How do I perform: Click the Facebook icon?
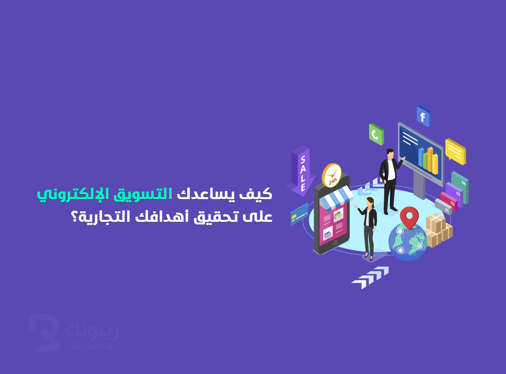(x=424, y=117)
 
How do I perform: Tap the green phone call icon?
(x=376, y=134)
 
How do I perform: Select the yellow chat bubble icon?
(x=456, y=151)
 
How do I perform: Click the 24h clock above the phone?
(x=332, y=175)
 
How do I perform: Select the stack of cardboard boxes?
(x=438, y=230)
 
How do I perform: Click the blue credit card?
(x=299, y=214)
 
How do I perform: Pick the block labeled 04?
(x=460, y=187)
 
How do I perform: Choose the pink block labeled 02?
(x=449, y=202)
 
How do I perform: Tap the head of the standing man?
(x=390, y=154)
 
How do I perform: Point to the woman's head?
(x=370, y=202)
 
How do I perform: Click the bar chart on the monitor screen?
(x=428, y=160)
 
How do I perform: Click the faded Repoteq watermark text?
(x=92, y=347)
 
